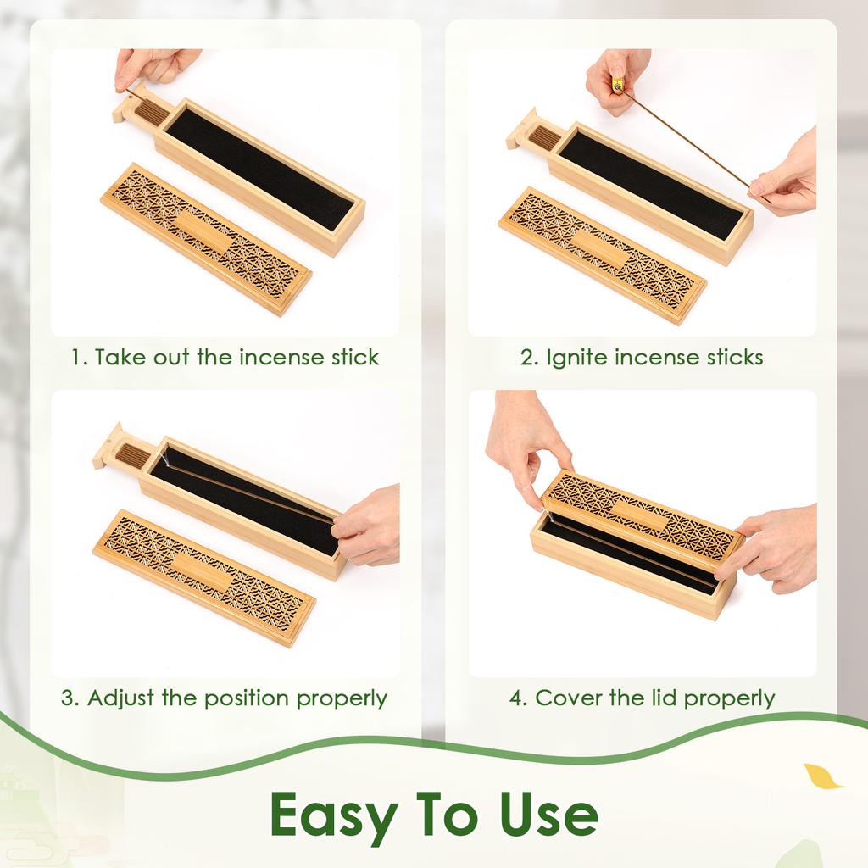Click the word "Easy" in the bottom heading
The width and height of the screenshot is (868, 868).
click(333, 815)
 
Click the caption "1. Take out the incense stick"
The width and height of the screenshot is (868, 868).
click(225, 357)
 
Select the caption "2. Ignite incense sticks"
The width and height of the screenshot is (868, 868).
click(642, 357)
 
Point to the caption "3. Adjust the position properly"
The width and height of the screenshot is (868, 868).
click(225, 698)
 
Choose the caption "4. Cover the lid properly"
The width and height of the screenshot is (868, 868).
click(642, 698)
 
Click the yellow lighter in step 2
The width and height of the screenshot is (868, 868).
click(617, 85)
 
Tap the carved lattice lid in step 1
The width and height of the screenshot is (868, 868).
click(206, 238)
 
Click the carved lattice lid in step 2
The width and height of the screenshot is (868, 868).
click(602, 254)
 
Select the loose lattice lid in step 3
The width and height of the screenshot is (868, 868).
click(204, 576)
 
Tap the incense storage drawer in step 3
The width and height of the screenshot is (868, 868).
click(129, 455)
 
